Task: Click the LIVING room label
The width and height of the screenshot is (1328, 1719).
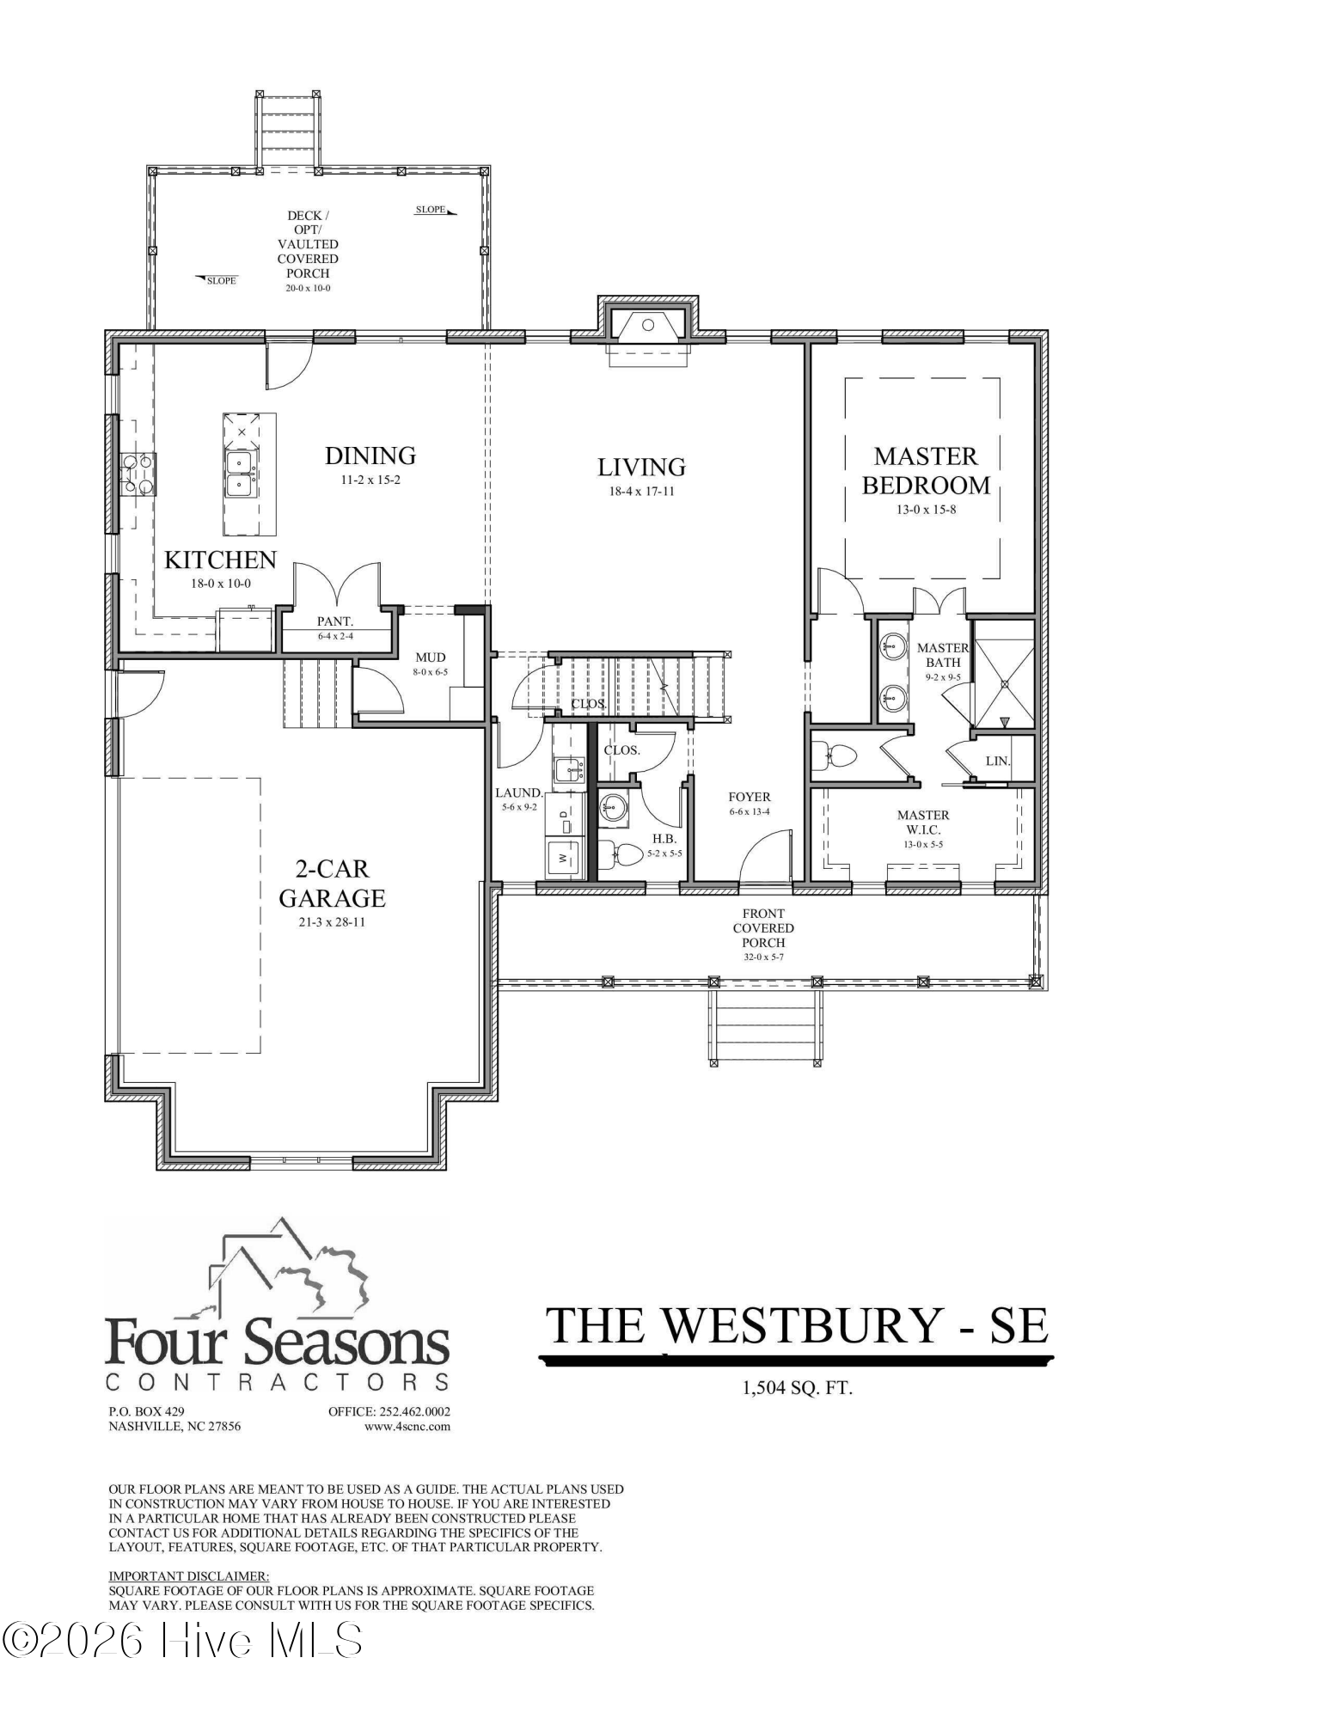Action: click(x=641, y=468)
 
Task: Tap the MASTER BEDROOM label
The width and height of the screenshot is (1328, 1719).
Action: click(x=926, y=470)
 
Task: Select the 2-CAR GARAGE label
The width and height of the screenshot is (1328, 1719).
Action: click(x=332, y=884)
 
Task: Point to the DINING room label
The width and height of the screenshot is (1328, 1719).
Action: click(x=370, y=456)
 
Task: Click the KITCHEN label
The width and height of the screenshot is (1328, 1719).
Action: click(x=220, y=560)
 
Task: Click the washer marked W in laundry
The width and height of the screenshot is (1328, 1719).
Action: click(x=564, y=857)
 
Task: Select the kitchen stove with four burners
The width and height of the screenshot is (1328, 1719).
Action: click(x=138, y=474)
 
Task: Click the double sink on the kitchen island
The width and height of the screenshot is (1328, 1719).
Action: click(x=240, y=473)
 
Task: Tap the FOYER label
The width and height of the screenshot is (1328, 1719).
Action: click(x=749, y=797)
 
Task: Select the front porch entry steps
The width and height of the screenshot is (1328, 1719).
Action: click(x=764, y=1024)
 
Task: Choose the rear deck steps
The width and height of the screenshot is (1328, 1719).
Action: click(x=287, y=130)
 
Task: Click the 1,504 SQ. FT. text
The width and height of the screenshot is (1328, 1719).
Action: click(x=798, y=1387)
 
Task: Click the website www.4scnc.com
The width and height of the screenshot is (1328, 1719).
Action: click(x=407, y=1427)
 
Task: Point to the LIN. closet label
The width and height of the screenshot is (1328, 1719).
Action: click(x=997, y=762)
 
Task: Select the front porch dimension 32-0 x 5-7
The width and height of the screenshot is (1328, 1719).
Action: click(x=763, y=957)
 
